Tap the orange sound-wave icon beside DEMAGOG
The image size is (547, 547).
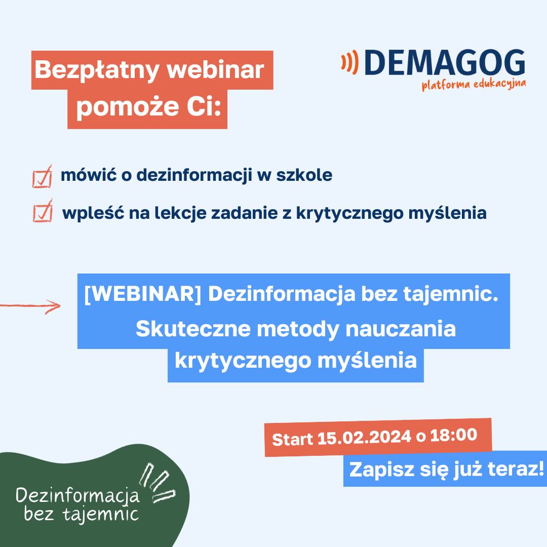point(350,62)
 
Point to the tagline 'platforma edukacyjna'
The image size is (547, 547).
point(474,85)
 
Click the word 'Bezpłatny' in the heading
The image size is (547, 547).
point(97,70)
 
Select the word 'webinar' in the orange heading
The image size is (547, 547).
point(216,70)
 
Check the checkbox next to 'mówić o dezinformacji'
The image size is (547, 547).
point(42,177)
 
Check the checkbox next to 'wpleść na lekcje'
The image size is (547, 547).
point(43,211)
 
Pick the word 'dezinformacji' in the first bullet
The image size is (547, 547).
point(194,175)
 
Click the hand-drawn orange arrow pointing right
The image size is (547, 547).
point(30,306)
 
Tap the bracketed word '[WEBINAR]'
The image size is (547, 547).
point(143,294)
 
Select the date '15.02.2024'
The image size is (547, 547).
point(364,437)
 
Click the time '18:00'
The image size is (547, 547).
point(453,435)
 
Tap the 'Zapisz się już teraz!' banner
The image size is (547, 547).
point(446,468)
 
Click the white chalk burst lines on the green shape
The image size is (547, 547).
point(158,482)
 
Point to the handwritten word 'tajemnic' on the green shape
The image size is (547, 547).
point(100,514)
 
